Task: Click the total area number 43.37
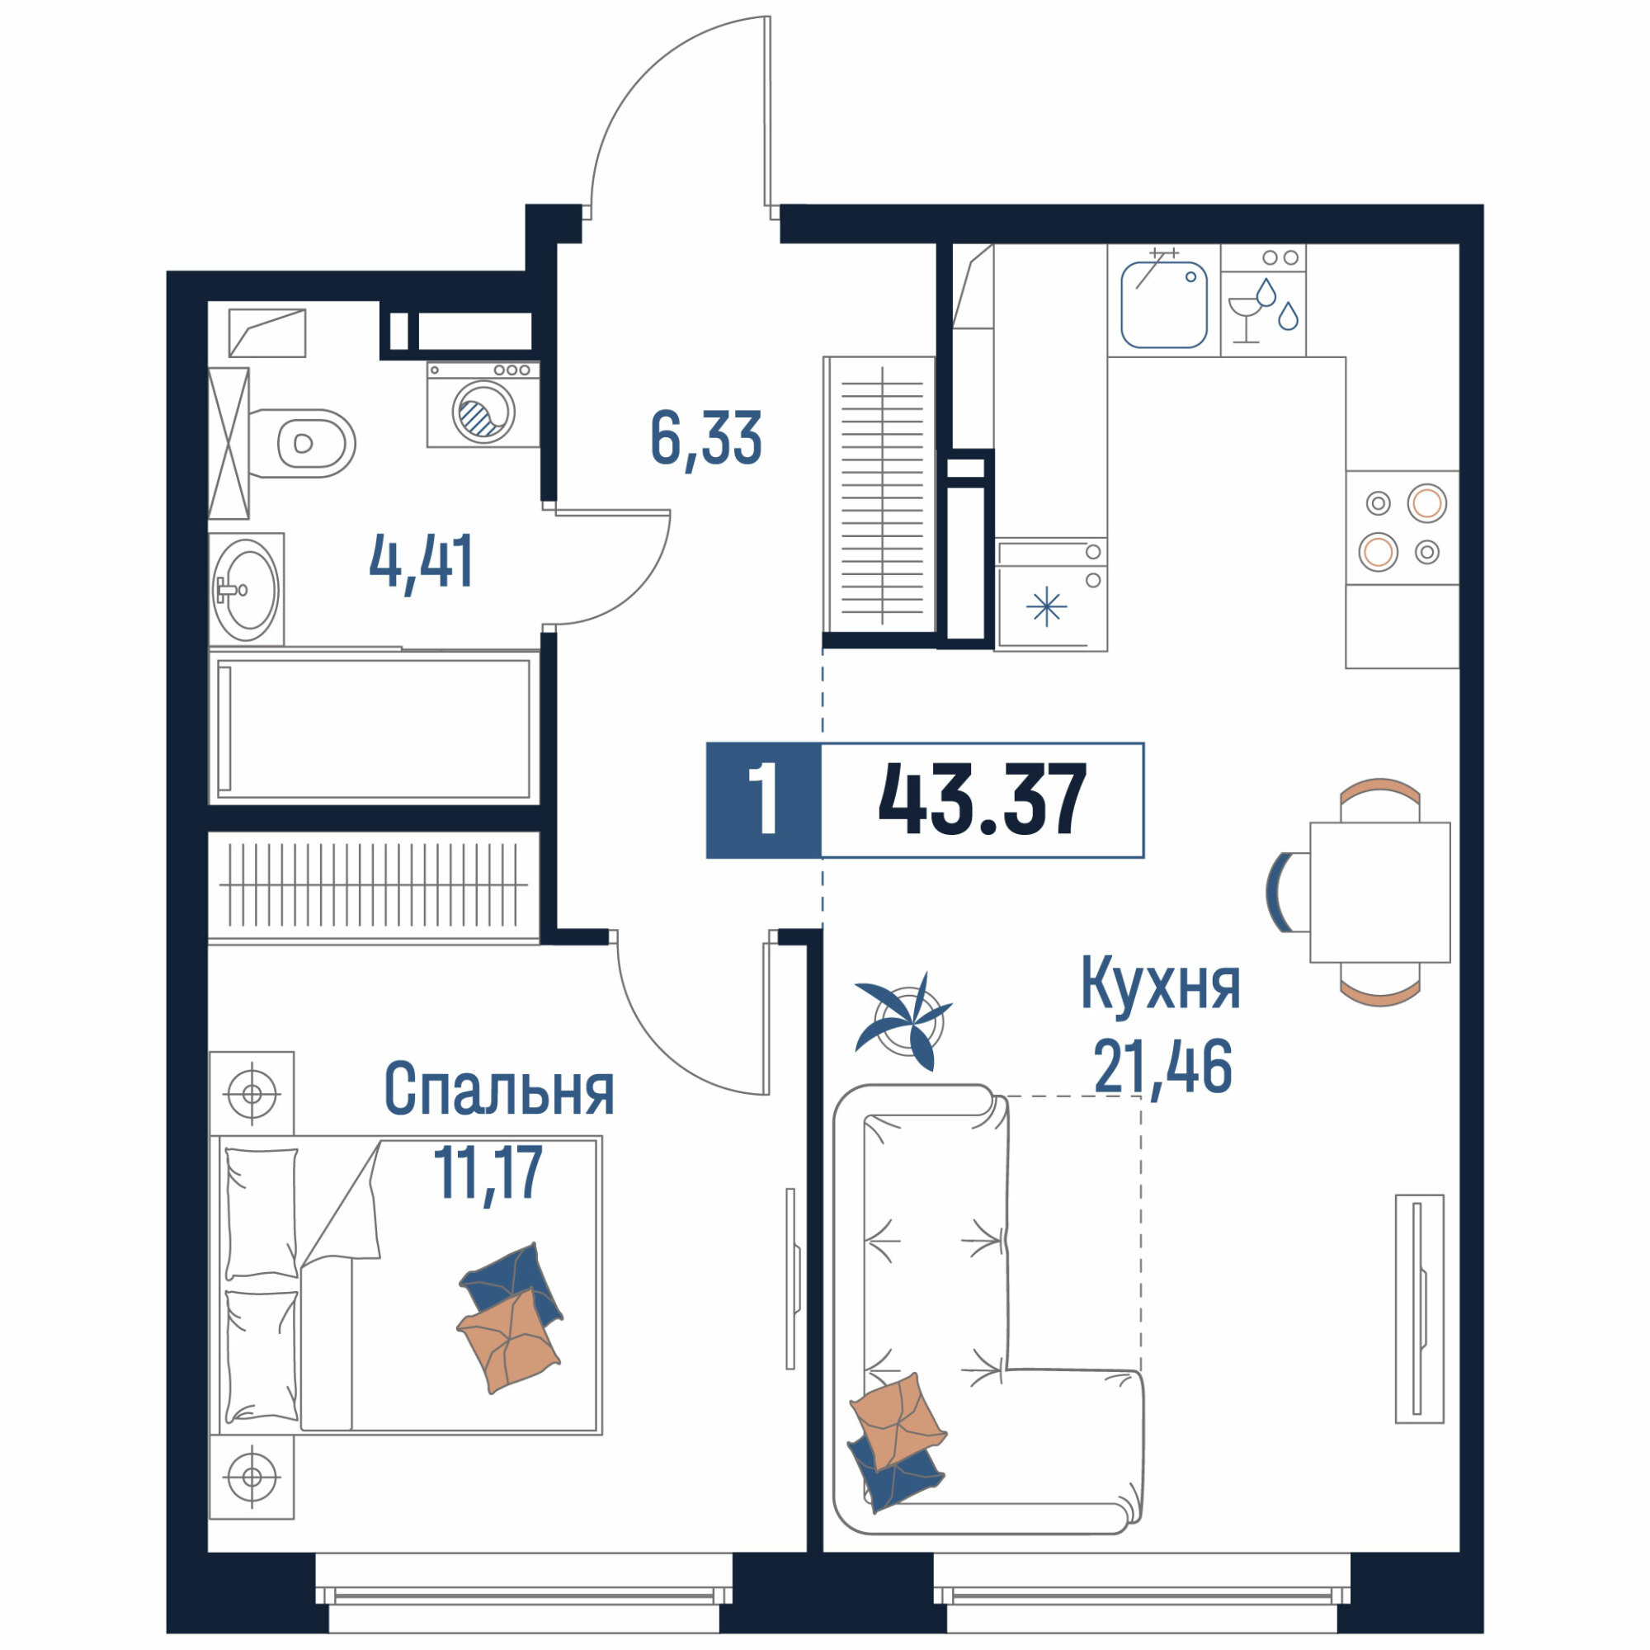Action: tap(982, 800)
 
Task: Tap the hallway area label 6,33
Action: tap(705, 438)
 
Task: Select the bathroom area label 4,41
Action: tap(421, 562)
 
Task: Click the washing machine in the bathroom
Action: tap(483, 404)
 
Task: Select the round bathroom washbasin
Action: tap(246, 589)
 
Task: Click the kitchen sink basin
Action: tap(1163, 305)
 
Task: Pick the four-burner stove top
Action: tap(1402, 528)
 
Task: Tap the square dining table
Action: tap(1380, 893)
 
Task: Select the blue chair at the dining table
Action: tap(1280, 893)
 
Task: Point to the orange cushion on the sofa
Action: tap(898, 1422)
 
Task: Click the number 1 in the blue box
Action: tap(762, 800)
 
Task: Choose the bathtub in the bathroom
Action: tap(374, 728)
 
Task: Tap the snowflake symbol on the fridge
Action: tap(1046, 608)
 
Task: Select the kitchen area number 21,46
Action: tap(1162, 1068)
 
